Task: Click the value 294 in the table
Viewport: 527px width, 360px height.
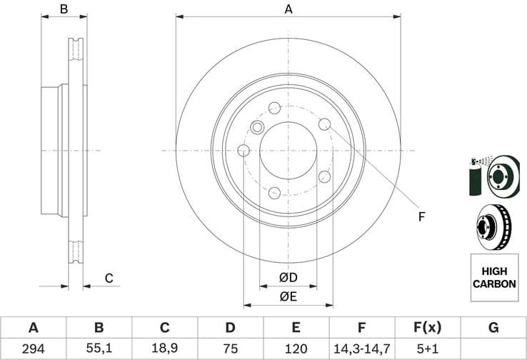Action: (x=33, y=349)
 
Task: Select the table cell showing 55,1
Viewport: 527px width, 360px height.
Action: (x=99, y=349)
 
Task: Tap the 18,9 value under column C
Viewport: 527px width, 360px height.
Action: (x=164, y=349)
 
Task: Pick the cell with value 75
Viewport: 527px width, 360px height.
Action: (x=230, y=349)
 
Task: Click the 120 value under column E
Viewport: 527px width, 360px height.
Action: (x=296, y=349)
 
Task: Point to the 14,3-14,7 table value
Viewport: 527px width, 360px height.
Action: (x=361, y=349)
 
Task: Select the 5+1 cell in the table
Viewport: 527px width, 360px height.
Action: (x=427, y=349)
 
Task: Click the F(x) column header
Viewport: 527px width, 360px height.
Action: (x=427, y=328)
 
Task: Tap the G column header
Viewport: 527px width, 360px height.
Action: (x=493, y=328)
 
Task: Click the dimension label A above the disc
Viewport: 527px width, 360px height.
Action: (x=288, y=9)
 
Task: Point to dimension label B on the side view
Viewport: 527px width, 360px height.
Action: (x=64, y=9)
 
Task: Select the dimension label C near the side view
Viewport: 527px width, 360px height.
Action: (x=109, y=278)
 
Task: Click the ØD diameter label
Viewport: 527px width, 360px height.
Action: (x=288, y=277)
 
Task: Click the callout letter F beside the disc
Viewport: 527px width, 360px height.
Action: (x=421, y=216)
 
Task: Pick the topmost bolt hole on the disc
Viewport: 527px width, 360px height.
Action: (x=275, y=108)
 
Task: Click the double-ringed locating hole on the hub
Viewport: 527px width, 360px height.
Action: (x=258, y=128)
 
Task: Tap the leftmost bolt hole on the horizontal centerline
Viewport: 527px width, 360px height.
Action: (x=244, y=150)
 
